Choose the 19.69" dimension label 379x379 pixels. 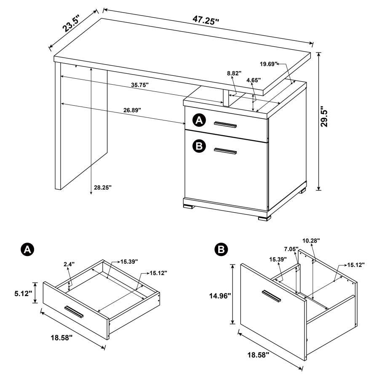click(x=269, y=64)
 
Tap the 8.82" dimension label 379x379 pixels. click(x=234, y=73)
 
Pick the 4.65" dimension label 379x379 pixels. click(x=254, y=80)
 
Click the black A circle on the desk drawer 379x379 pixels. click(x=199, y=121)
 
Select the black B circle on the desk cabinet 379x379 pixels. click(x=199, y=146)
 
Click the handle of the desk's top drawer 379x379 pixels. click(x=225, y=124)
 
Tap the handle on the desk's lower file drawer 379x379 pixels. click(x=225, y=151)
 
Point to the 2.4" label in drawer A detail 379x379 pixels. click(x=69, y=264)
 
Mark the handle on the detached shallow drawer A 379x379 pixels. click(x=74, y=312)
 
